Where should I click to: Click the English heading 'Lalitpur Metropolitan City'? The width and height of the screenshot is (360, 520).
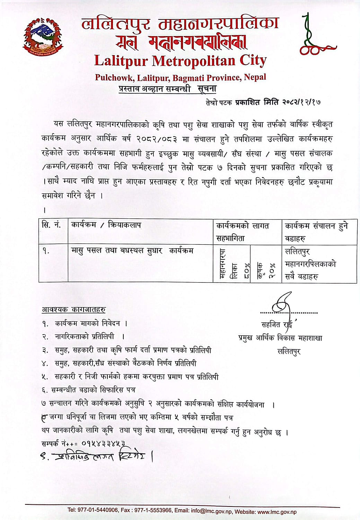[x=180, y=61]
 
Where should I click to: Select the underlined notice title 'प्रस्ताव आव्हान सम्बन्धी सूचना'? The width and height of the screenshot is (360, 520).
[x=167, y=89]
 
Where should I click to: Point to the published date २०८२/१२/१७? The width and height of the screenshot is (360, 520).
[x=302, y=102]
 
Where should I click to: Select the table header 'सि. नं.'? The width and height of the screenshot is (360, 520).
[x=51, y=225]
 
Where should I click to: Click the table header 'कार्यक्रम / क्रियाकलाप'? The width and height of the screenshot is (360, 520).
[x=106, y=225]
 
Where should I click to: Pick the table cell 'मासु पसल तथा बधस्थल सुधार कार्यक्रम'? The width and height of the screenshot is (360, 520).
[x=132, y=250]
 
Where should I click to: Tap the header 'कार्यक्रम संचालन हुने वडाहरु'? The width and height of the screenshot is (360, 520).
[x=316, y=232]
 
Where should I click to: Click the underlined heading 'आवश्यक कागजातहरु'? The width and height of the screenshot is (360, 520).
[x=73, y=309]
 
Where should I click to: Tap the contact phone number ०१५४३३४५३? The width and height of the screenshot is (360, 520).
[x=103, y=443]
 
